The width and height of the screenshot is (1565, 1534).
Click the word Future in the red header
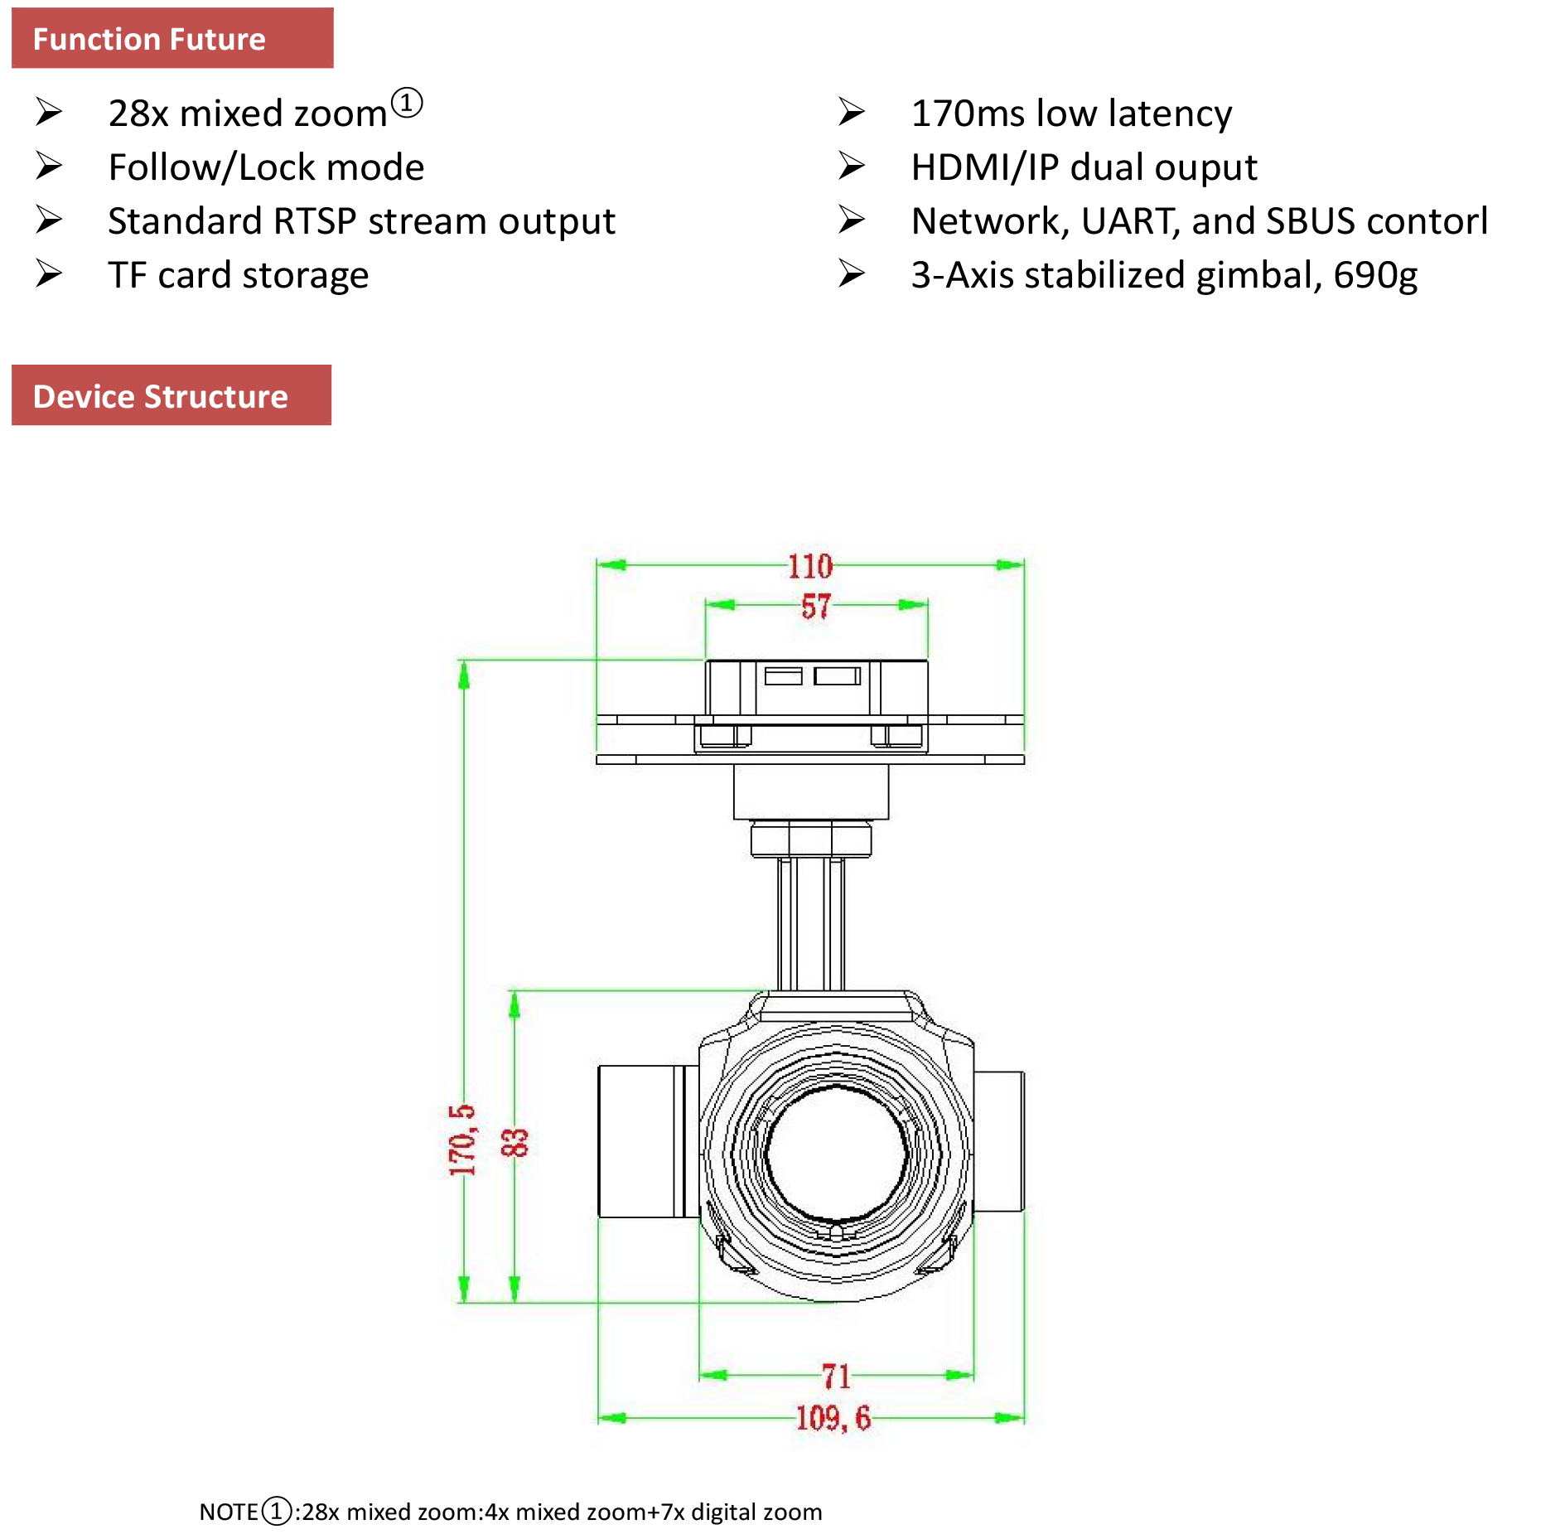[x=218, y=40]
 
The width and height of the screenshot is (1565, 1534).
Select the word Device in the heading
[x=83, y=397]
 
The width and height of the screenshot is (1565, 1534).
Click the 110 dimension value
[x=809, y=567]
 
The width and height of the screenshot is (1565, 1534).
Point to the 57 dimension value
[x=815, y=607]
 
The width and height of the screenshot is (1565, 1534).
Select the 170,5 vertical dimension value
[x=462, y=1140]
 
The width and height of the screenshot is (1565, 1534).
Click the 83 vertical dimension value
[x=514, y=1142]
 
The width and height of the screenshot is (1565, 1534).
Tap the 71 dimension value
[x=836, y=1377]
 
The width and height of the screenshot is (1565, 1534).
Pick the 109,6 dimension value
[x=833, y=1418]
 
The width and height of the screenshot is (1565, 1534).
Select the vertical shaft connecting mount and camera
[x=810, y=924]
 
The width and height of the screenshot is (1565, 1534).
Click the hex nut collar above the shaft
[x=810, y=839]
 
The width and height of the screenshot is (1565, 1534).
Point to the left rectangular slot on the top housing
[x=783, y=676]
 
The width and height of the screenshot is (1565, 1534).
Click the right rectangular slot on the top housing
[x=837, y=676]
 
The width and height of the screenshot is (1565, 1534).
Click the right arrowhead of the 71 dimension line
[x=959, y=1376]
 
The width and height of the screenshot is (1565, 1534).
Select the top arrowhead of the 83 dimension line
[x=514, y=1004]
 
